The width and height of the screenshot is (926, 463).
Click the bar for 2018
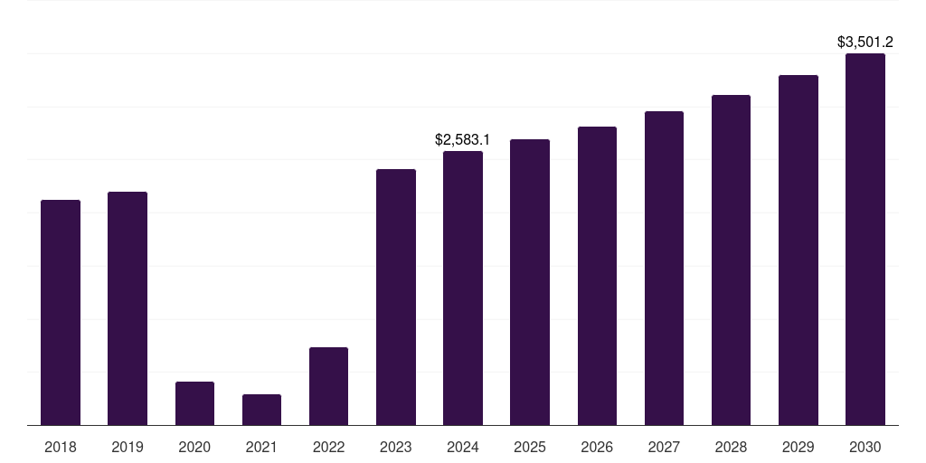click(61, 312)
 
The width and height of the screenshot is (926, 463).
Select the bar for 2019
click(128, 308)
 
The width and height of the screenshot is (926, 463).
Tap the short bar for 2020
click(194, 403)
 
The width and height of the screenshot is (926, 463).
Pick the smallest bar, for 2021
click(261, 410)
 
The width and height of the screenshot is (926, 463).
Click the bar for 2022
click(328, 386)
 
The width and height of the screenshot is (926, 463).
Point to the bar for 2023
click(396, 297)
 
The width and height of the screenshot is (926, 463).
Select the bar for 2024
click(463, 288)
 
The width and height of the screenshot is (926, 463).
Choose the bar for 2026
click(597, 276)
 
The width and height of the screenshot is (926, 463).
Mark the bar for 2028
click(731, 260)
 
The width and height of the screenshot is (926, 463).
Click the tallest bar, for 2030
click(865, 239)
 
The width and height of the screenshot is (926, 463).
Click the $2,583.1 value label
click(462, 140)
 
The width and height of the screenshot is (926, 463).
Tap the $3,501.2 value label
click(865, 42)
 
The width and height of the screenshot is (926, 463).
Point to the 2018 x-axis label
click(61, 447)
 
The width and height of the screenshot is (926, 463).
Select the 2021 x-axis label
click(261, 447)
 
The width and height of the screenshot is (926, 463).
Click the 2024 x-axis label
click(463, 447)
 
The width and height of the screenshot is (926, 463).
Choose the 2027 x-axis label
click(664, 447)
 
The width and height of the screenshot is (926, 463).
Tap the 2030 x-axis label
click(865, 447)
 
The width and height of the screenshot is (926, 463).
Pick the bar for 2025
click(530, 282)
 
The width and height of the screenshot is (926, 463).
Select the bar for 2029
click(798, 250)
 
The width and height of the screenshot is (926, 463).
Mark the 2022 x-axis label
click(328, 447)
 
